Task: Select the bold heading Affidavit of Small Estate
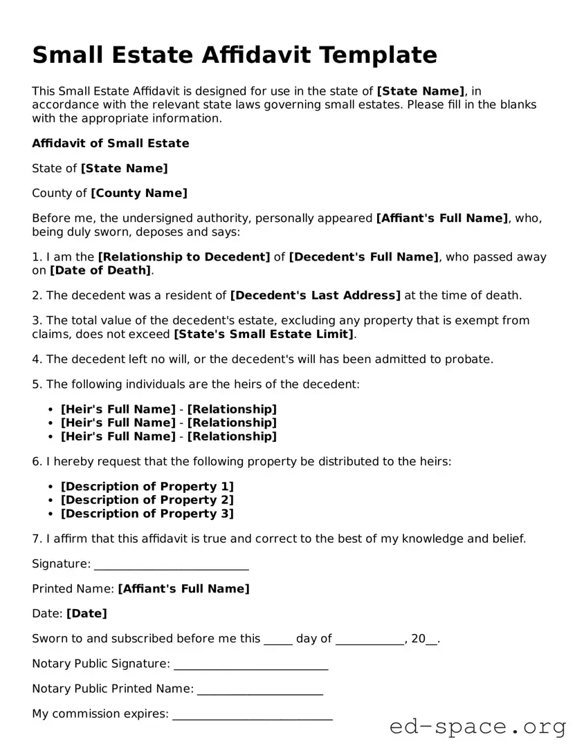pyautogui.click(x=110, y=144)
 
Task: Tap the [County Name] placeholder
pyautogui.click(x=139, y=194)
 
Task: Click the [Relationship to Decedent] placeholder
pyautogui.click(x=184, y=257)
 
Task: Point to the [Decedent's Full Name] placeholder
pyautogui.click(x=363, y=257)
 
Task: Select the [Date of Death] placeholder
pyautogui.click(x=100, y=270)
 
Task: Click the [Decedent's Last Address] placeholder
pyautogui.click(x=315, y=296)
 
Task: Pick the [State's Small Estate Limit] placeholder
pyautogui.click(x=264, y=335)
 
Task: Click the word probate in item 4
pyautogui.click(x=471, y=360)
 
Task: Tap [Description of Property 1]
pyautogui.click(x=147, y=487)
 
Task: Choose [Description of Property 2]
pyautogui.click(x=147, y=500)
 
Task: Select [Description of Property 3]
pyautogui.click(x=147, y=514)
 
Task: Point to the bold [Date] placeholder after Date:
pyautogui.click(x=86, y=614)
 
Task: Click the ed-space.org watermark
pyautogui.click(x=477, y=727)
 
